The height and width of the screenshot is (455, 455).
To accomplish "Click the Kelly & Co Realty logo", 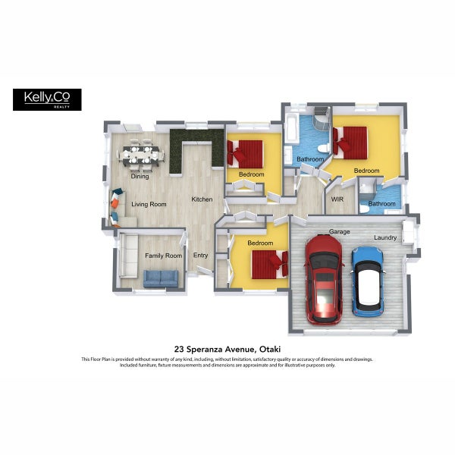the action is coord(47,99).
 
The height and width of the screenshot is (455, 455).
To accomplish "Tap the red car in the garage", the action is coord(324,279).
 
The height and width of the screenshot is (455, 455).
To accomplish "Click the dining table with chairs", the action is coord(141,155).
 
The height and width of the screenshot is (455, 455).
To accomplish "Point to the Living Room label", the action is coord(149,204).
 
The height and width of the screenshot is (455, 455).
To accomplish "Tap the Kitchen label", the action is coord(202,199).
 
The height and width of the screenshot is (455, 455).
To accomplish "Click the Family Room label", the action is coord(163,256).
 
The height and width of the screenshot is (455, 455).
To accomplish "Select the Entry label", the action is coord(200,256).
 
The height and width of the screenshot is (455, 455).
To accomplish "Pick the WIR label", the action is coord(337,199).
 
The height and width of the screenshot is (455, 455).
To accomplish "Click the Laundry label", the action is coord(385,237).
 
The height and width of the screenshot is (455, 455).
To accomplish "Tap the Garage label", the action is coord(339,231).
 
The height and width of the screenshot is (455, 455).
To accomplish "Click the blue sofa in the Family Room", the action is coord(161,278).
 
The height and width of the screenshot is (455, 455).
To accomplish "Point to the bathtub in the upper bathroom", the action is coord(291,128).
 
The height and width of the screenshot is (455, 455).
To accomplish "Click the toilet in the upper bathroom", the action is coord(323,149).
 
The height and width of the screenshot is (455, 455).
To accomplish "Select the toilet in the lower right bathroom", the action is coord(364,209).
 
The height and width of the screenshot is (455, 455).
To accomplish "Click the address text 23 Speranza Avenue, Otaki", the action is coord(227,349).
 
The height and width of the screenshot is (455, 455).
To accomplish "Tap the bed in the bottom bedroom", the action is coord(270,265).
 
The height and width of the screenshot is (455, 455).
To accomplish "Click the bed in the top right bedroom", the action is coord(350,143).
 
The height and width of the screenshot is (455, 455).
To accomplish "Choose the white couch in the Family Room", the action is coord(129,256).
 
